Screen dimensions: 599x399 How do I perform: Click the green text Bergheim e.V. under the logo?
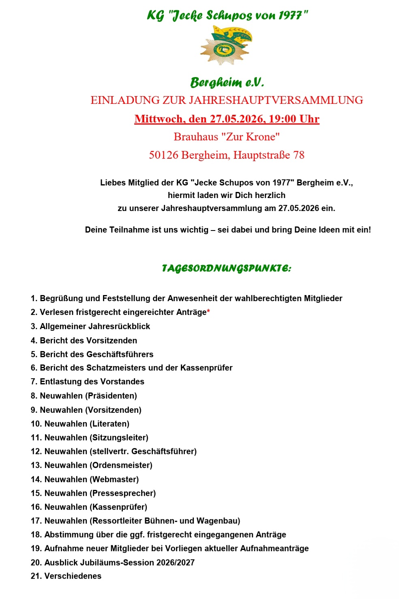[227, 82]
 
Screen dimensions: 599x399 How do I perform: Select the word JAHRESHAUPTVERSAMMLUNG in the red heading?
[276, 100]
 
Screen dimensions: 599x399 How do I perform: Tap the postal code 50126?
[163, 155]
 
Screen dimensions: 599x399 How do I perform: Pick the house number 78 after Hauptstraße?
[299, 155]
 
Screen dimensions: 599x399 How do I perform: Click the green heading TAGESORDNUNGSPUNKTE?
[226, 268]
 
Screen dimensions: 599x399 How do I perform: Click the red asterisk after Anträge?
[208, 311]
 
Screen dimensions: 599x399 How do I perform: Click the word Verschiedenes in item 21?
[73, 576]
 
